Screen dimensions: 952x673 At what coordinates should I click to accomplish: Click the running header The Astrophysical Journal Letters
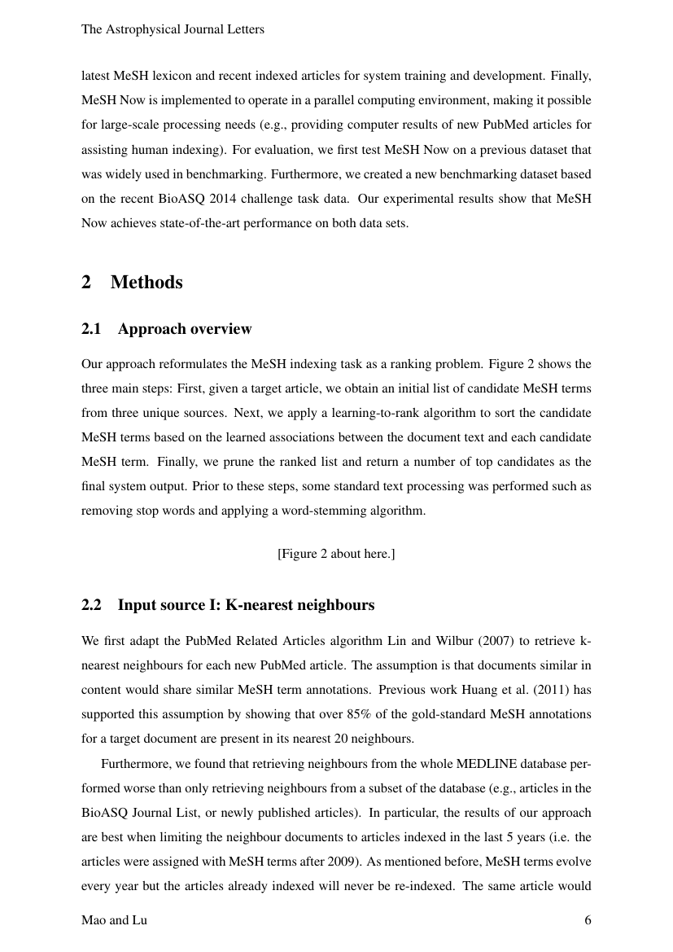173,29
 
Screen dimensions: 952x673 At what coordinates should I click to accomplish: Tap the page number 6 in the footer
588,920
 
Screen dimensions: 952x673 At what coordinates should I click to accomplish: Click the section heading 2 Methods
132,283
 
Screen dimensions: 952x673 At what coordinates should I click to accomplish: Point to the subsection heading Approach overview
185,329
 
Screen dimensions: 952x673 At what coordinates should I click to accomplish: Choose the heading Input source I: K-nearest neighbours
246,605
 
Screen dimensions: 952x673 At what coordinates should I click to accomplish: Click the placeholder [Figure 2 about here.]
336,554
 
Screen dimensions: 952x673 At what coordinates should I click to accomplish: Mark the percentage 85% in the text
368,714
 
